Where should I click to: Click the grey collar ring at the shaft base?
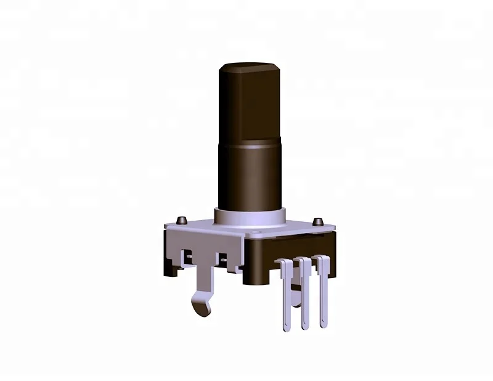250,218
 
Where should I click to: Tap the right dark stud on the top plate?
318,221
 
